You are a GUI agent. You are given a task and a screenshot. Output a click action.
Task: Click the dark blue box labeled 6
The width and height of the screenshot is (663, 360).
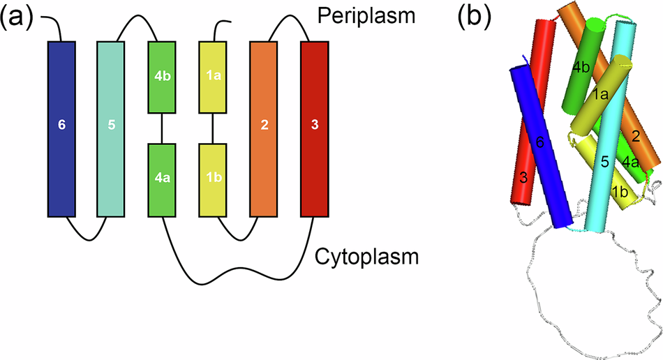tap(61, 128)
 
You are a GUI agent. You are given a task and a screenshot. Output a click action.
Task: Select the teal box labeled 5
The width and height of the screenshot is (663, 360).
tap(111, 128)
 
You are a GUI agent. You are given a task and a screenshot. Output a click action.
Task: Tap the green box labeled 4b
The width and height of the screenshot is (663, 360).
tap(162, 77)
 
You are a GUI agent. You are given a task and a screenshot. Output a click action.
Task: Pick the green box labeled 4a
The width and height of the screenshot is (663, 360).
tap(162, 179)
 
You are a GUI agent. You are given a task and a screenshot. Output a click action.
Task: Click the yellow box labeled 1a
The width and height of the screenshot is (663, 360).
tap(212, 77)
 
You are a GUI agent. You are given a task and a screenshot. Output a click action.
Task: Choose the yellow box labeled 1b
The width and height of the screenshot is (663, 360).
tap(212, 179)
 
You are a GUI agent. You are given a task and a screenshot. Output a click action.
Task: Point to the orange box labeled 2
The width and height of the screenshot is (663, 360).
tap(264, 128)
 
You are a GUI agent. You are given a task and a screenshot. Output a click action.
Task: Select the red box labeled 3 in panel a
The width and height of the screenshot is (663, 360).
tap(314, 128)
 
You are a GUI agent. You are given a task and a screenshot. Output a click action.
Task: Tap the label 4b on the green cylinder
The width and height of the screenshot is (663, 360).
tap(579, 67)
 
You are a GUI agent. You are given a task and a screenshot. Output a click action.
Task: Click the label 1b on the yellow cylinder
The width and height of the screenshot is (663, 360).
tap(618, 191)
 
